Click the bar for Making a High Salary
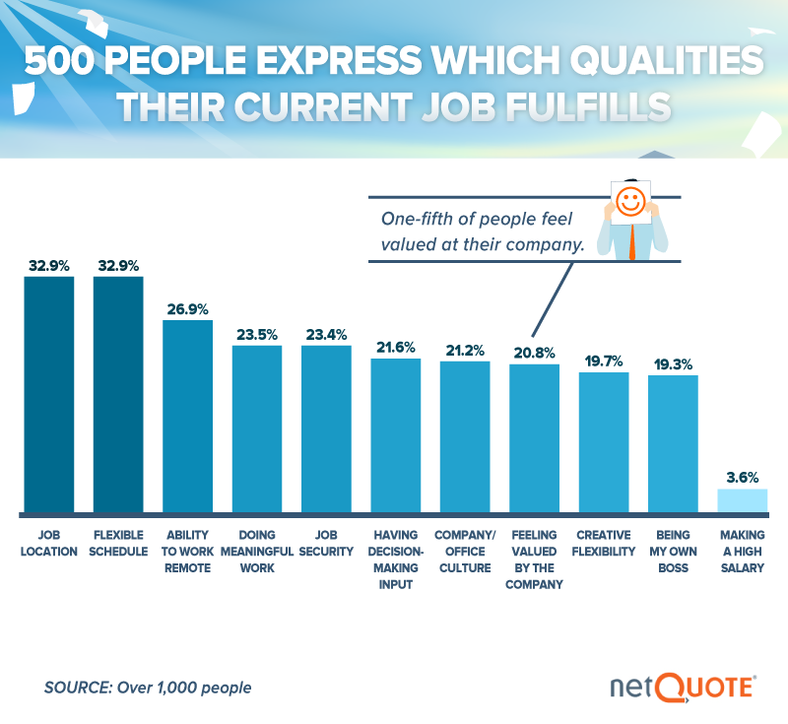click(x=742, y=500)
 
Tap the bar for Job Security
click(x=326, y=428)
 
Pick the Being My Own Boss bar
click(x=673, y=443)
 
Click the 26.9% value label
click(x=187, y=309)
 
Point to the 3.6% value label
click(x=742, y=477)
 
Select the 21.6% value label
click(x=395, y=347)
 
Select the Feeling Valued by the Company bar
click(x=534, y=438)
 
